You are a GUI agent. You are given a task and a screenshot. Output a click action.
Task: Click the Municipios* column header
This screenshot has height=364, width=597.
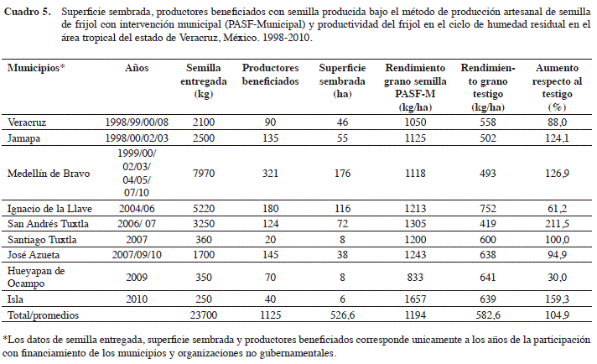(36, 68)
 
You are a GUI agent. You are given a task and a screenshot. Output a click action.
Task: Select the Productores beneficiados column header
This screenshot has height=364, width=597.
(270, 75)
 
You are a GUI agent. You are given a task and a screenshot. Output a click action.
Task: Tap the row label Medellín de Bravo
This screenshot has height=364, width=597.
(49, 174)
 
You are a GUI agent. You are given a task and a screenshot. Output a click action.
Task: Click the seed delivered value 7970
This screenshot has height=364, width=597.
(204, 174)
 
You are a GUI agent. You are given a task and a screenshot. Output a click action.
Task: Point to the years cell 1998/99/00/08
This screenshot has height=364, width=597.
(137, 122)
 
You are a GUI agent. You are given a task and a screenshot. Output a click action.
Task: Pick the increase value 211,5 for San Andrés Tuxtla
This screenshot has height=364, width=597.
(557, 223)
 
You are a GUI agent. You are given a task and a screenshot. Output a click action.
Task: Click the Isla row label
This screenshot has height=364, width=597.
(15, 299)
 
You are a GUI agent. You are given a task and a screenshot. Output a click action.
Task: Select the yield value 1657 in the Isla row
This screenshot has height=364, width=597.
(415, 299)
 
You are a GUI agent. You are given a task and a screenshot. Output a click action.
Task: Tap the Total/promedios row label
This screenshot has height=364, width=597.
(43, 315)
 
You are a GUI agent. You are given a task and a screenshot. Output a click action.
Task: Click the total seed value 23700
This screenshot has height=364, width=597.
(204, 315)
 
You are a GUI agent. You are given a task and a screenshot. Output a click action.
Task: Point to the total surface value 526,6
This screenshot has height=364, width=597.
(342, 315)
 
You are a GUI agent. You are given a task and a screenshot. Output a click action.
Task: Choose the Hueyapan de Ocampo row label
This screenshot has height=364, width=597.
(36, 277)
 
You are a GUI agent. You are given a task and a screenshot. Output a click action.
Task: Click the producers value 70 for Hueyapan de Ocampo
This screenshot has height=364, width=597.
(270, 277)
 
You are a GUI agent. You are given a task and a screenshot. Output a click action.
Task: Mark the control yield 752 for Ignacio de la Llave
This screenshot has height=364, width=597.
(488, 209)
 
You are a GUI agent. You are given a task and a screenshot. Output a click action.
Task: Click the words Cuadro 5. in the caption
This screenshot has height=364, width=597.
(27, 12)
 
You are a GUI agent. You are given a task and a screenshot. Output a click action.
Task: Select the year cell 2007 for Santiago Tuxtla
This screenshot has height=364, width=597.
(137, 240)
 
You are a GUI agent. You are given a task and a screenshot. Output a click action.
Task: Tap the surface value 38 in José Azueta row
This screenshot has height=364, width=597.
(342, 255)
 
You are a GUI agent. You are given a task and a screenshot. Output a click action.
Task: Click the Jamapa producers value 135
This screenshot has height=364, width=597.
(270, 138)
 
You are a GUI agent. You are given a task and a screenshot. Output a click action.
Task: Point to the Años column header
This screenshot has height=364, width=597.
(137, 68)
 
